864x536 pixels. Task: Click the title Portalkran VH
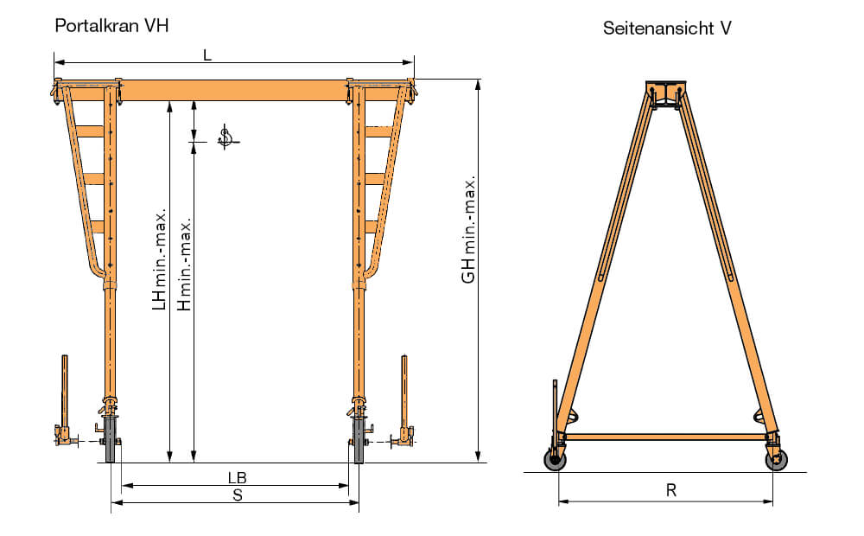(x=111, y=26)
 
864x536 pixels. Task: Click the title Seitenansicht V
(x=667, y=29)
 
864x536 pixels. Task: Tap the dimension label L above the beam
(x=207, y=55)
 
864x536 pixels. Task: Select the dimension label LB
(x=238, y=477)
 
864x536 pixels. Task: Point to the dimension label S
(x=238, y=495)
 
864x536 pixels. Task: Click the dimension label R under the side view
(x=671, y=490)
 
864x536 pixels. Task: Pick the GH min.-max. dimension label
(x=468, y=230)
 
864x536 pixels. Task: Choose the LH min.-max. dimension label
(x=159, y=259)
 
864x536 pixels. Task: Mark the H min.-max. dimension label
(x=184, y=264)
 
